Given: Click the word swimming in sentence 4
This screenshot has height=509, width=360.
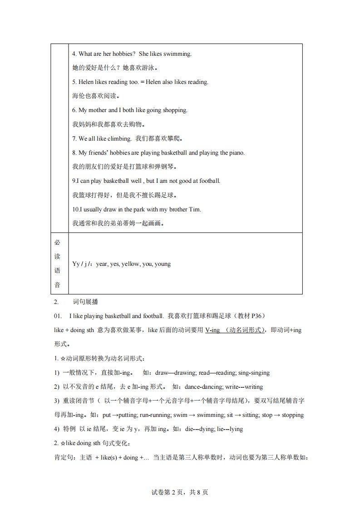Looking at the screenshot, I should pyautogui.click(x=179, y=54).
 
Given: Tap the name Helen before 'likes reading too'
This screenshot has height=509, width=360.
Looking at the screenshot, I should pyautogui.click(x=86, y=82).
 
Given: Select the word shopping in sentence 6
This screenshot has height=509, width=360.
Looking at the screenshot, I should pyautogui.click(x=174, y=110).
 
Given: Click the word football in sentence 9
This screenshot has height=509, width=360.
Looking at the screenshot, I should pyautogui.click(x=209, y=181).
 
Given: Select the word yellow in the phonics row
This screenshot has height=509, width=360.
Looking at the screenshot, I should pyautogui.click(x=130, y=264).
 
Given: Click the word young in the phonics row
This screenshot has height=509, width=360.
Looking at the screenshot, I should pyautogui.click(x=163, y=264).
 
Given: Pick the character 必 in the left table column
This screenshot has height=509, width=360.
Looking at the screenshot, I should pyautogui.click(x=57, y=242).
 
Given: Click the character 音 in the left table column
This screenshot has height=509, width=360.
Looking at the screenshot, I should pyautogui.click(x=57, y=285).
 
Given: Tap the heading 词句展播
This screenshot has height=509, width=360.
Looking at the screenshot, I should pyautogui.click(x=85, y=302).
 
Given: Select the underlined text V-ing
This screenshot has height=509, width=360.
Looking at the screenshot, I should pyautogui.click(x=212, y=330).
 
